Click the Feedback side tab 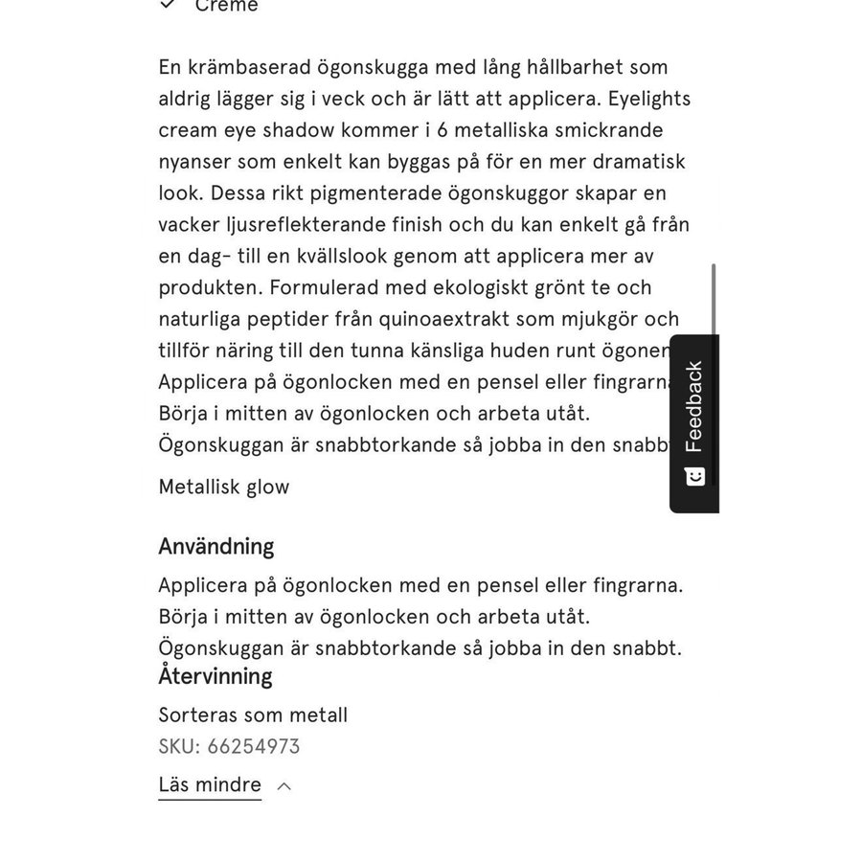(x=694, y=407)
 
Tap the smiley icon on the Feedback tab (x=695, y=476)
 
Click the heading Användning (x=216, y=547)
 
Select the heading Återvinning (x=215, y=676)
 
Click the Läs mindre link (x=210, y=785)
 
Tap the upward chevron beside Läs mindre (x=284, y=786)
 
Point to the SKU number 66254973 (x=253, y=747)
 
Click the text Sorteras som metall (x=253, y=715)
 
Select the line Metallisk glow (x=224, y=487)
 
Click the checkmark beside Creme (x=168, y=5)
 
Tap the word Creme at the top (x=226, y=6)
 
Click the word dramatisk (x=636, y=161)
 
